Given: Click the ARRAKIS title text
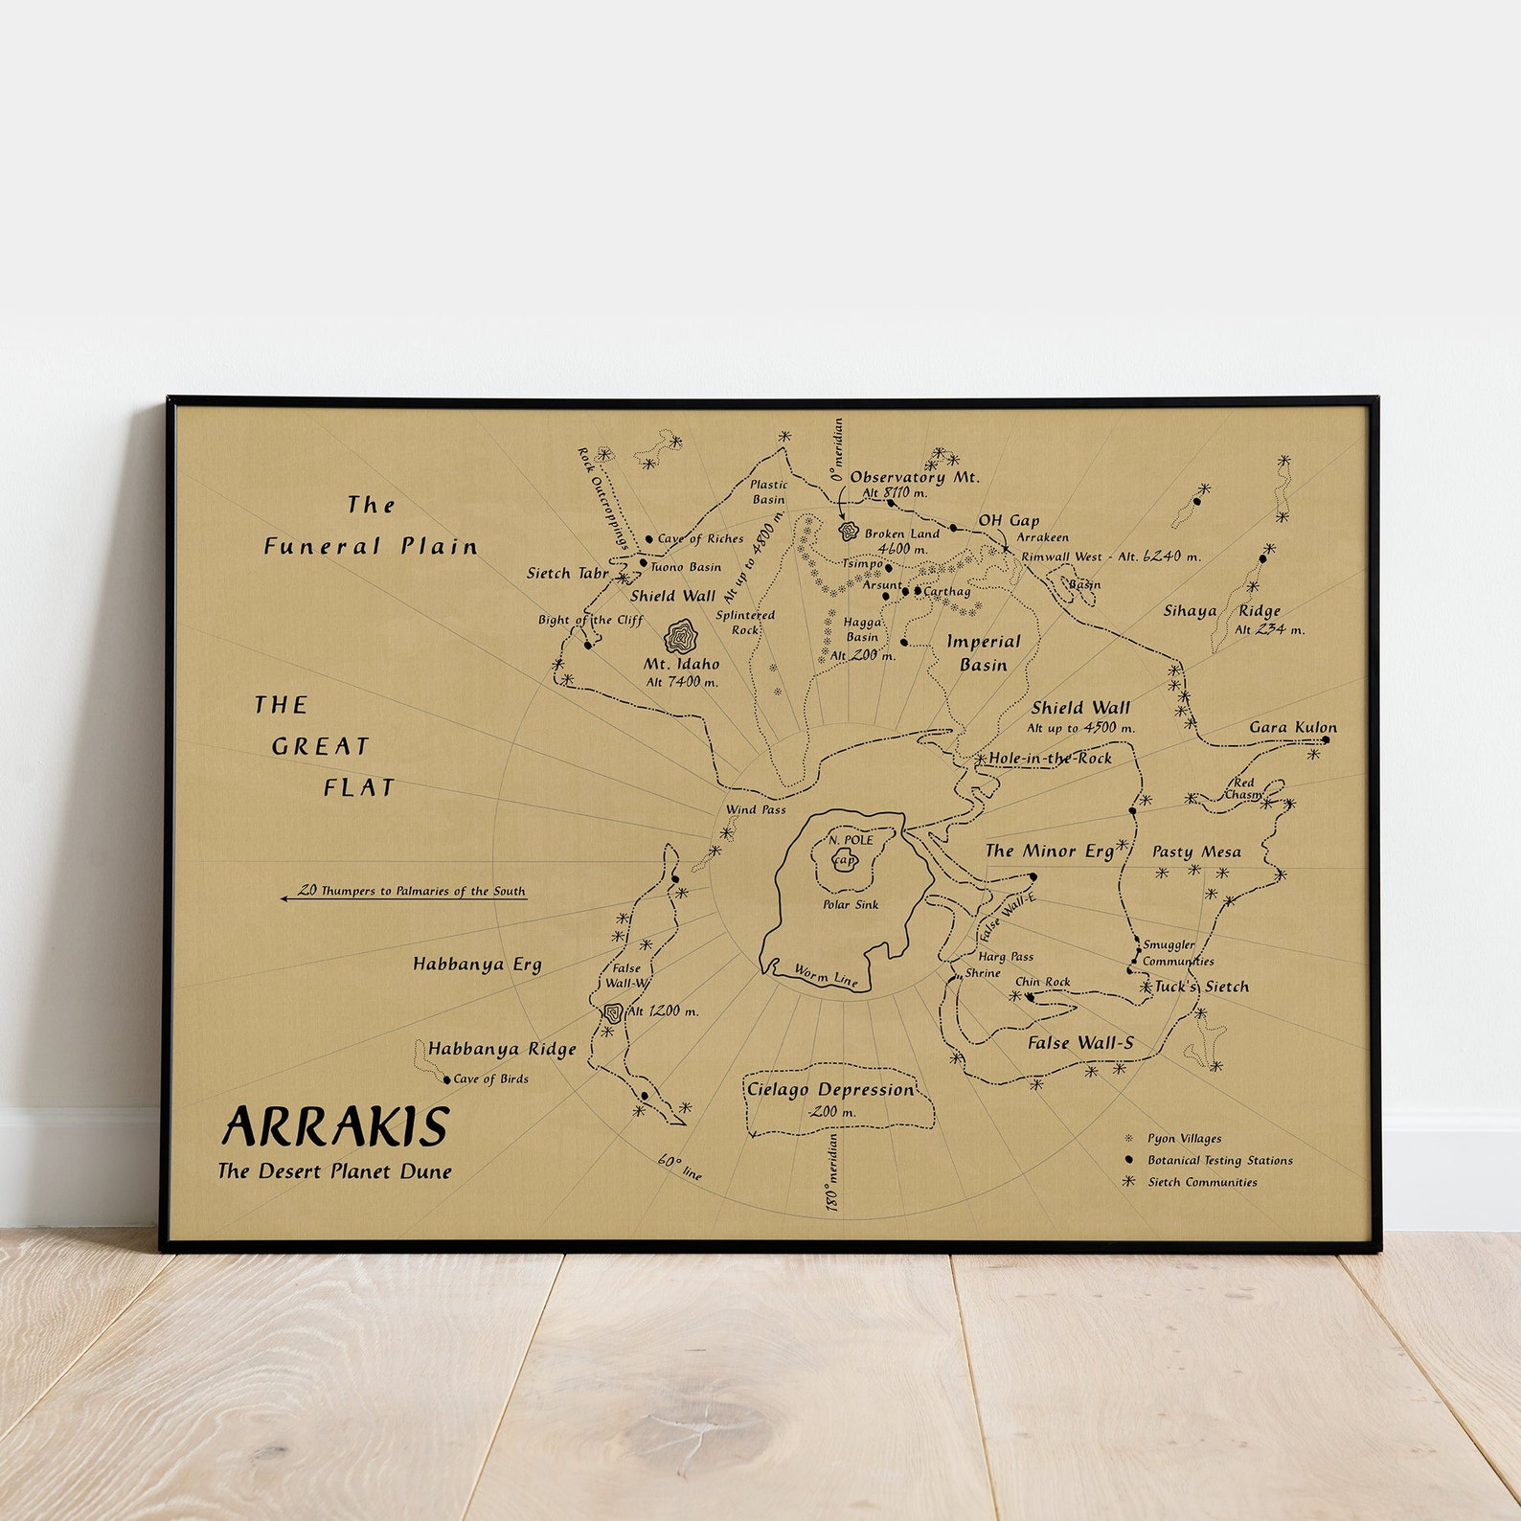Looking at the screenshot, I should coord(335,1126).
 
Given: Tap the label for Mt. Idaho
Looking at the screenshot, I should coord(681,664).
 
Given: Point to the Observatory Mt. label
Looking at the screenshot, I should coord(915,477).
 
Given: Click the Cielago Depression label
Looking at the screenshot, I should coord(830,1090).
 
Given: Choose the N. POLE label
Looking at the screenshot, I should coord(851,840).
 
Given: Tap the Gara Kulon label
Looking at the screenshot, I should coord(1292,728).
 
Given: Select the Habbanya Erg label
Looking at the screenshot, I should coord(477,965).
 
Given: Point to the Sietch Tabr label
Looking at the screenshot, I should coord(568,574).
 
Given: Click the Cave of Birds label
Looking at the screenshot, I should coord(490,1078).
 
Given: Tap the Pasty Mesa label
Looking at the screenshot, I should coord(1196,851).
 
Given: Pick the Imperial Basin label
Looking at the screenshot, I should coord(984,653).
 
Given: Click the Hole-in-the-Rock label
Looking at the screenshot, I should coord(1050,759).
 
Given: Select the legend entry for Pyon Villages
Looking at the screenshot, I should coord(1184,1139).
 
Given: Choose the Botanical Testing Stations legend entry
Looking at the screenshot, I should coord(1219,1161).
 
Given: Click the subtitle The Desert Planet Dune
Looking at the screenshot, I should coord(334,1170).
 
